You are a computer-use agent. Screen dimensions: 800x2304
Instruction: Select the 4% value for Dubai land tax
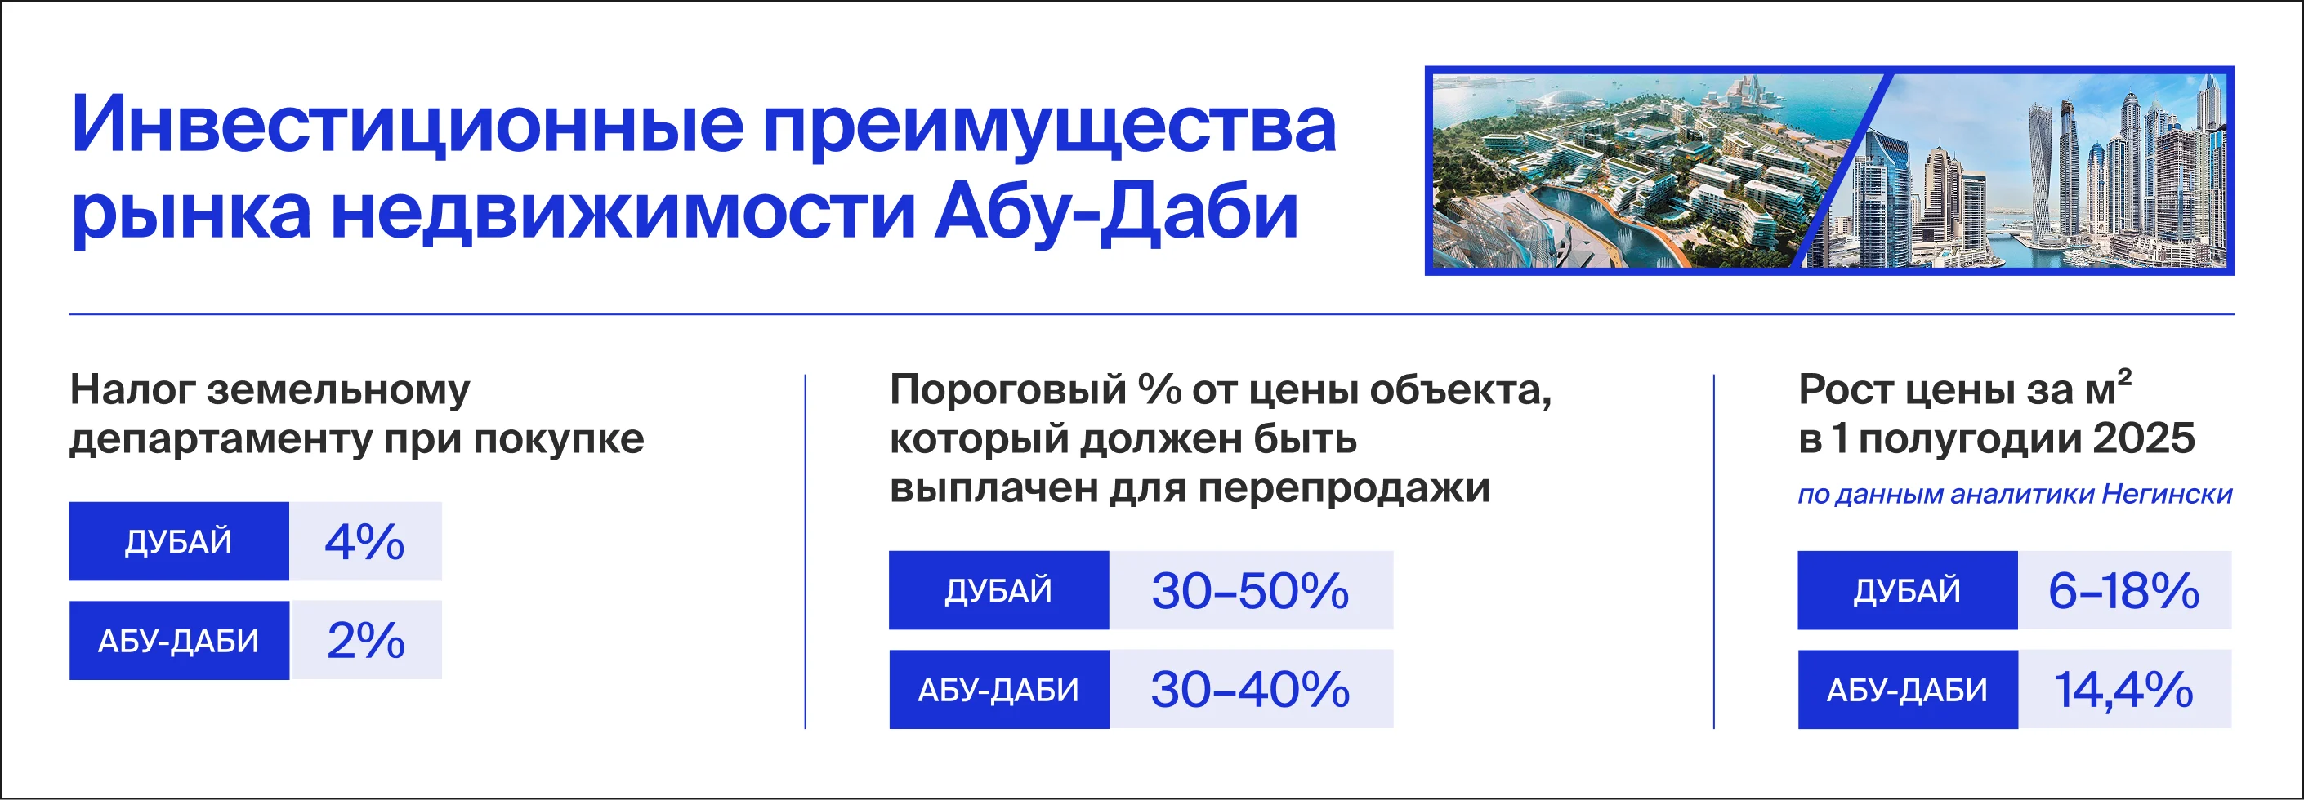coord(365,542)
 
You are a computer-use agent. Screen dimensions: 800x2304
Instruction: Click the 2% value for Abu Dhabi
coord(366,640)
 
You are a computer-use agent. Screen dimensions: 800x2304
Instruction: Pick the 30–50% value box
coord(1249,591)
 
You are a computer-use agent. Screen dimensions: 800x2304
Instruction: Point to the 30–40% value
coord(1249,689)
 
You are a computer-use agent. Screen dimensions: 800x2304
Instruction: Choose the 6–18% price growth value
coord(2123,591)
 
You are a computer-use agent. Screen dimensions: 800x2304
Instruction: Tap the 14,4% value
coord(2123,689)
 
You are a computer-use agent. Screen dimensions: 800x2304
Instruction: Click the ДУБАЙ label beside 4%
coord(179,542)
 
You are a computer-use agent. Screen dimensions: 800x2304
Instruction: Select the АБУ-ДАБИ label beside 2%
coord(179,641)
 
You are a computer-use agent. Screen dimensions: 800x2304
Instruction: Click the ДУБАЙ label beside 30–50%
coord(998,591)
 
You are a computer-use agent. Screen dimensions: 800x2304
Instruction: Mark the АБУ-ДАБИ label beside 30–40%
coord(998,690)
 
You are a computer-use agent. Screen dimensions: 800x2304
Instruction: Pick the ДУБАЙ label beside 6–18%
coord(1907,591)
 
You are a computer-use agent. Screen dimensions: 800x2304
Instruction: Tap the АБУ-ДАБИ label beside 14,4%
coord(1907,690)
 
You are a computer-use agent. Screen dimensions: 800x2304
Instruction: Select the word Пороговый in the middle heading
coord(1008,391)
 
